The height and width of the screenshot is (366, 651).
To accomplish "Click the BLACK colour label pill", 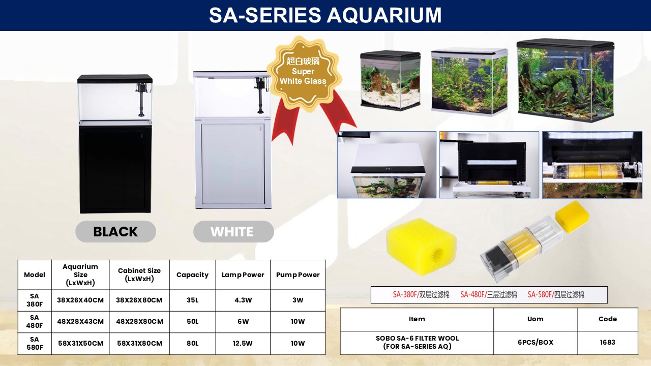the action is point(115,231).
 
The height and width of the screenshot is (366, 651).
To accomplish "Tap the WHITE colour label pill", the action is point(233,231).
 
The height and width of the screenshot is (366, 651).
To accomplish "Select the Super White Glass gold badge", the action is point(304,73).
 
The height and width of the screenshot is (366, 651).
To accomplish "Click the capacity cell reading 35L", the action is point(192,300).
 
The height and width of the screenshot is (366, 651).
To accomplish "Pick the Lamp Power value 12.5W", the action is point(243,343).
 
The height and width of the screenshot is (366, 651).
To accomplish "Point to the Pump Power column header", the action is point(298,274).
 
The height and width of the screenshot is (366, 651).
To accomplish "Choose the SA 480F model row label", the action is point(34,322).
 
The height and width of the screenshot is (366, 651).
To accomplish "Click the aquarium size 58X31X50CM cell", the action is point(80,343).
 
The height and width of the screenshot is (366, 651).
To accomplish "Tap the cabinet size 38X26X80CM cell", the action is point(139,300).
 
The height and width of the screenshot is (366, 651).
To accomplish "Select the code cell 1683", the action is point(607,342).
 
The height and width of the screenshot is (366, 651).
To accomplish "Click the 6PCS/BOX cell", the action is point(536,342).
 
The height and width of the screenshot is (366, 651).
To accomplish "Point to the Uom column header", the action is point(536,319).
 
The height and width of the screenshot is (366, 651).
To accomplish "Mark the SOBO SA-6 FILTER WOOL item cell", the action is point(417,342).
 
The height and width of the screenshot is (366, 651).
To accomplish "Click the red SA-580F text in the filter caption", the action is point(540,294).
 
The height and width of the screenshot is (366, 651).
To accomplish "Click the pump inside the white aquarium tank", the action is point(260,95).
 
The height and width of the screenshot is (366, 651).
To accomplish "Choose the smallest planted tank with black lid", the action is point(390,80).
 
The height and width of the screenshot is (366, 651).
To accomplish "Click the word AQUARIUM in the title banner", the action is point(384,15).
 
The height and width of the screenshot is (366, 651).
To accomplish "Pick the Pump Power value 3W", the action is point(298,300).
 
